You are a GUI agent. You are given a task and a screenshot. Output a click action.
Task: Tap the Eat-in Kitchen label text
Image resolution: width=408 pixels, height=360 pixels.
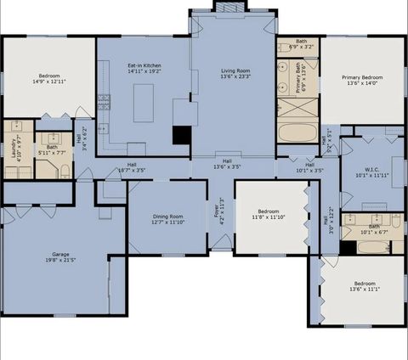point(144,66)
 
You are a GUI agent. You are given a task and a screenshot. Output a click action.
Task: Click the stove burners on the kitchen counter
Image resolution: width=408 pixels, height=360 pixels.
point(104,101)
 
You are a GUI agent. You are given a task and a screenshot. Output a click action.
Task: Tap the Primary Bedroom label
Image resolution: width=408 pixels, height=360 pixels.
point(364,77)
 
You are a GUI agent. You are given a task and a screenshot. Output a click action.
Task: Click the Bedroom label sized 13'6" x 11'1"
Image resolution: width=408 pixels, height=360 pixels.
point(364,284)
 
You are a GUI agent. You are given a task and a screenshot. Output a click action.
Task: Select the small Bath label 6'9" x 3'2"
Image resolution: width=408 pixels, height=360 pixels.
point(301,42)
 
